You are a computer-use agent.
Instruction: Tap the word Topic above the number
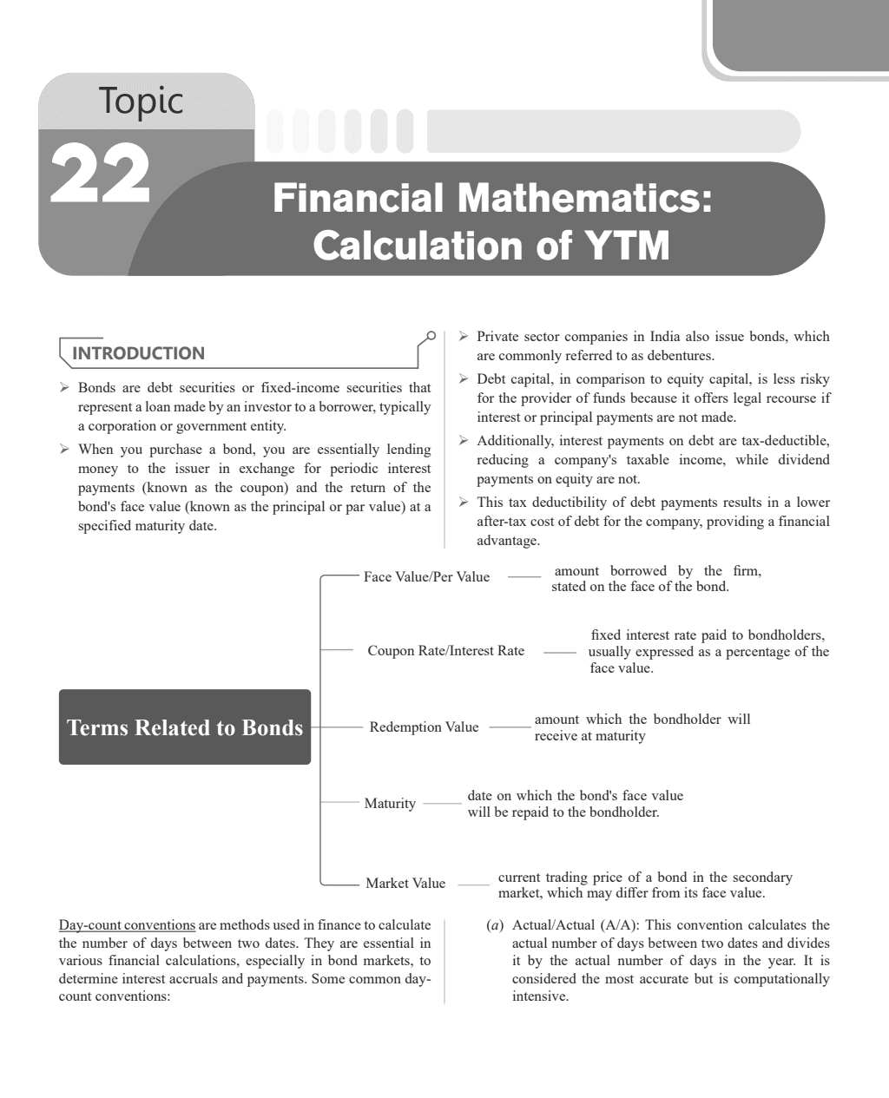141,101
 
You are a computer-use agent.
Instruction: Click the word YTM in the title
627,245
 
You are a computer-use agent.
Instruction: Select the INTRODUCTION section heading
139,353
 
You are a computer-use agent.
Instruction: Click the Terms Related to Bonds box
185,727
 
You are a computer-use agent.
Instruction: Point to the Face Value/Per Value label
426,577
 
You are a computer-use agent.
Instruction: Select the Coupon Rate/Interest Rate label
445,651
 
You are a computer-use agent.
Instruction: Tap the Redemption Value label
424,727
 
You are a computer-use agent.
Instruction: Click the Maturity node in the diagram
390,804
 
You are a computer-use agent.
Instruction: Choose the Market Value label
405,884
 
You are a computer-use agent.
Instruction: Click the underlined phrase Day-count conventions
127,925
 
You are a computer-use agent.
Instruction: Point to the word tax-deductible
787,441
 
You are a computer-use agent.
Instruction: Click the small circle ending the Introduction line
431,334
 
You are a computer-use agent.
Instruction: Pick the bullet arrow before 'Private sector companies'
464,337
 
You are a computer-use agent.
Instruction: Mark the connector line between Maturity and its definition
443,804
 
